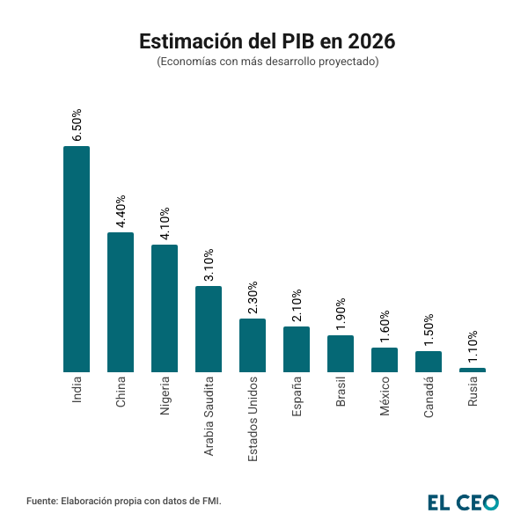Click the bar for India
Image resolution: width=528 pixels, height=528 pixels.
tap(77, 259)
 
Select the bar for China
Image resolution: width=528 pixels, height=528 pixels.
tap(121, 302)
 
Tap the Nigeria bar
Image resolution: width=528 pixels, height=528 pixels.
tap(165, 308)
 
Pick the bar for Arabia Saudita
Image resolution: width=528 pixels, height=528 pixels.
tap(209, 328)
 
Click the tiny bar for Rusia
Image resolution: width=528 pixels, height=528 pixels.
tap(473, 370)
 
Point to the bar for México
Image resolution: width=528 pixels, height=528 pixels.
tap(385, 359)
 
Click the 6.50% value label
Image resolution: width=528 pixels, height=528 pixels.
tap(77, 125)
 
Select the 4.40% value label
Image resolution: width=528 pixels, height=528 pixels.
tap(121, 211)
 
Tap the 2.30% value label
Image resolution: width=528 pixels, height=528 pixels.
tap(253, 297)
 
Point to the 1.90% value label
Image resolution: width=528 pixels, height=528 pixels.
tap(341, 314)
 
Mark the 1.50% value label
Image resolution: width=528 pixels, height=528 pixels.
tap(429, 331)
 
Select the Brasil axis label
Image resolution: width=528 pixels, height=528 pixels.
tap(341, 392)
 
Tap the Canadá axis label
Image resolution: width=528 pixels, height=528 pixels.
tap(429, 395)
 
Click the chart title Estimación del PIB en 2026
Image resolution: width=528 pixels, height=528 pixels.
tap(264, 41)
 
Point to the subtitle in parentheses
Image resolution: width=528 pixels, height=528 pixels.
tap(264, 62)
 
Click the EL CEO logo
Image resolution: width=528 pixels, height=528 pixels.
tap(463, 502)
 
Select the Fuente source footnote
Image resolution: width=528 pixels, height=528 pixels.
tap(124, 501)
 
